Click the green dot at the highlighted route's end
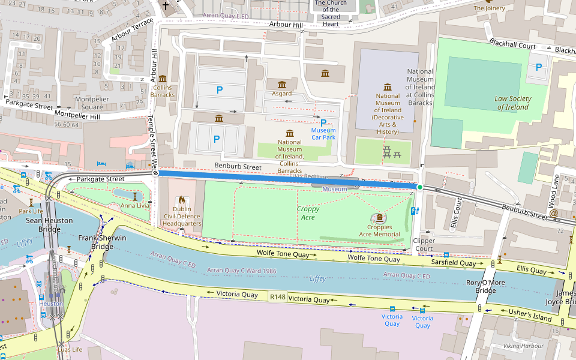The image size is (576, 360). coord(420,188)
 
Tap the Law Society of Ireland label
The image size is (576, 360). coord(512,103)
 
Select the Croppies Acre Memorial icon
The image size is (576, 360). coord(380,218)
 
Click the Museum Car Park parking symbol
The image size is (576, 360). coord(323,122)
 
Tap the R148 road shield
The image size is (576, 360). coord(278,297)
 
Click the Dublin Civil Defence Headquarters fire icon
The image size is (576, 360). coord(182,200)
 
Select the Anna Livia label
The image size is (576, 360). coord(135,205)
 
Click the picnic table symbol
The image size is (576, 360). coord(392,152)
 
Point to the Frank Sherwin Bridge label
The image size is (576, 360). coord(103,242)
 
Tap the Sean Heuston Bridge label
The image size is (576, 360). coord(49,224)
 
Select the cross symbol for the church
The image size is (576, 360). coord(166,7)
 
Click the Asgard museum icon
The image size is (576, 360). coord(281,83)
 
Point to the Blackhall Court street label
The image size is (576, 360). coord(512,45)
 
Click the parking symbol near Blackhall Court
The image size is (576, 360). coord(538,68)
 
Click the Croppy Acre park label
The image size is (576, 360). coord(308,213)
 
